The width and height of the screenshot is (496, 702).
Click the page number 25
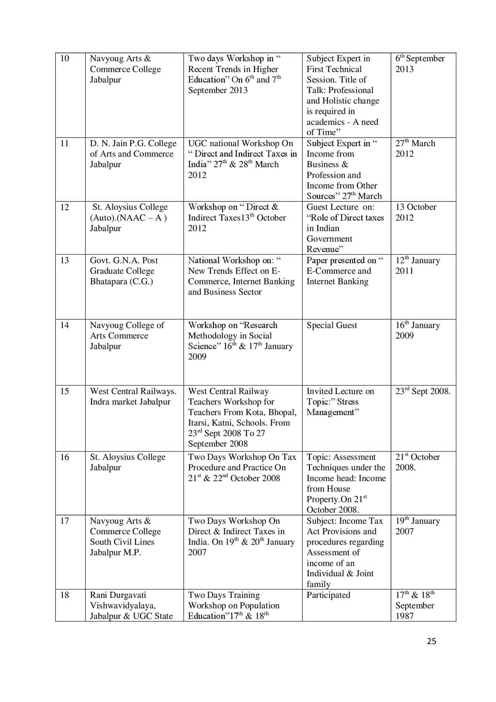tap(432, 641)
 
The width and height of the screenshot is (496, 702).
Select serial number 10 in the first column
tap(64, 59)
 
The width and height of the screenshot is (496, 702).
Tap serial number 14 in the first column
tap(64, 325)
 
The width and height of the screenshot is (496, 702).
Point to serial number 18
tap(64, 595)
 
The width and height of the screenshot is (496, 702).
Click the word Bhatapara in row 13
tap(108, 281)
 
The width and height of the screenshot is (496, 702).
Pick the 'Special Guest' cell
tap(332, 325)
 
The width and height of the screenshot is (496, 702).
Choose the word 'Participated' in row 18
tap(328, 595)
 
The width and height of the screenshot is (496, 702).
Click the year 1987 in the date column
tap(404, 616)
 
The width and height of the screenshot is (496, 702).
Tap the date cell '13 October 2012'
tap(416, 212)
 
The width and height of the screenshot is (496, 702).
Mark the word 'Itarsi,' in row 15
tap(199, 422)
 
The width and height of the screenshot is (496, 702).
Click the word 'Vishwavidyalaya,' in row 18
tap(123, 606)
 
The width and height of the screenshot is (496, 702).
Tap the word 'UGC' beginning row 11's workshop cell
tap(198, 143)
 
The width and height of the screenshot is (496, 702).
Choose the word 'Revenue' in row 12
tap(323, 249)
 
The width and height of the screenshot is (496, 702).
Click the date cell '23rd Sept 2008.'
tap(422, 391)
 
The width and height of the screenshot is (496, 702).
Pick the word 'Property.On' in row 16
tap(329, 499)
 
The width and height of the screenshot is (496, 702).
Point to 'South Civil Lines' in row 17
tap(122, 542)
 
